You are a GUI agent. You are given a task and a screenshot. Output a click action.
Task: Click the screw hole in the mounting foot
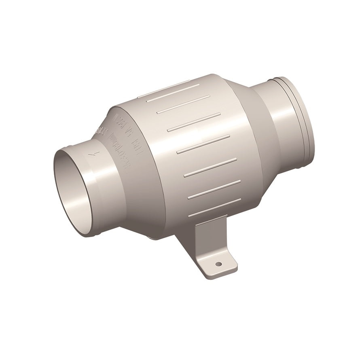(219, 264)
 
